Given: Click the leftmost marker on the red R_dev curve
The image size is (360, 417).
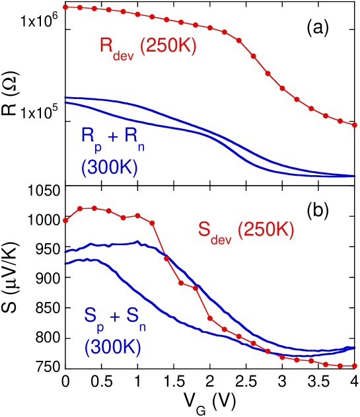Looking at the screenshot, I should (65, 7).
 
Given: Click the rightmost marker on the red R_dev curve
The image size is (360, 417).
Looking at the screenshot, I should (355, 124).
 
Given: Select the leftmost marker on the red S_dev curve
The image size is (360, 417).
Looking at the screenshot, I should (65, 221).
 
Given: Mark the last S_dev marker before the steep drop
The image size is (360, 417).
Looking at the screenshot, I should (152, 222).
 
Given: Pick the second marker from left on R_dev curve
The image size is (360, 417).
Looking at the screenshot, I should (80, 8).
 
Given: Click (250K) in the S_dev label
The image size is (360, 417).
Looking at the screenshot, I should (266, 229).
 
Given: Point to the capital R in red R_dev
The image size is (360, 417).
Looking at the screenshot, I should (106, 46).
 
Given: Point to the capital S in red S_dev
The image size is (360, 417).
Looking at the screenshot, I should (204, 229).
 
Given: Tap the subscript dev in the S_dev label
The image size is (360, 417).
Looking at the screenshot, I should (222, 239).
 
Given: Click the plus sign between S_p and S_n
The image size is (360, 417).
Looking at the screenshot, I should (116, 316).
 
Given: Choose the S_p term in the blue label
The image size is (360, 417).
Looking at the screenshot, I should (93, 317).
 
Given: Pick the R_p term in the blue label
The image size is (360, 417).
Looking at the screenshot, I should (90, 137).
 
